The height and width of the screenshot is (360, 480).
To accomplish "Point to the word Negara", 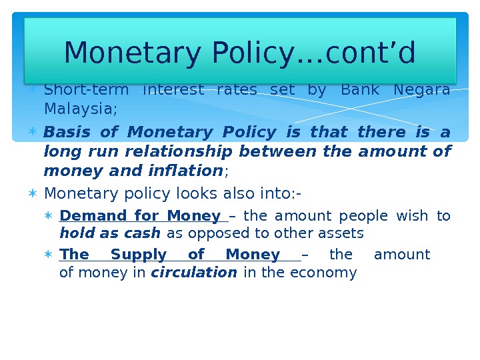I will (422, 89).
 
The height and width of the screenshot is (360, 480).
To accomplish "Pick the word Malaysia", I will (79, 107).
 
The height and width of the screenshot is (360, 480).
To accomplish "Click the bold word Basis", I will (66, 133).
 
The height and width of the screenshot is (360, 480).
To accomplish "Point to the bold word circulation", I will (194, 273).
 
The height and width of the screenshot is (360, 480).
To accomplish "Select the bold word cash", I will (146, 233).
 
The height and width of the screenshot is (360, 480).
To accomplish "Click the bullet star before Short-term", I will (33, 89).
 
